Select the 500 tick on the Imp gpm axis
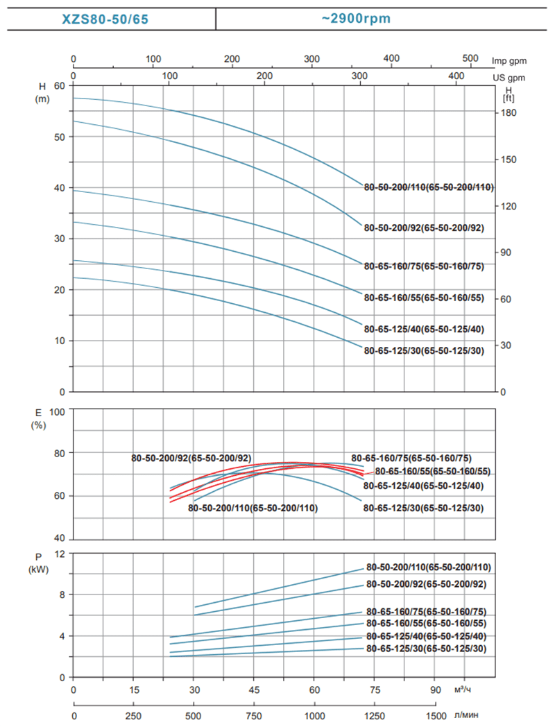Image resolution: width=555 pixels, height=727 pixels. tap(470, 58)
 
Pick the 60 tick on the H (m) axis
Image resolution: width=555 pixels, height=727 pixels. tap(58, 85)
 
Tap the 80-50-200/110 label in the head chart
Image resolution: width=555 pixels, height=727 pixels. tap(429, 187)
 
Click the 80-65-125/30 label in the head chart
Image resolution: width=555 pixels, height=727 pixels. tap(424, 350)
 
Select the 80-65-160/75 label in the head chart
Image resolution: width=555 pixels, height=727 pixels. tap(424, 266)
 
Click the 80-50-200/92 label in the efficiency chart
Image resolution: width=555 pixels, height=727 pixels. tap(191, 459)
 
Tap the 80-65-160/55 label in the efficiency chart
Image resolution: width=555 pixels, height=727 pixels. tap(433, 472)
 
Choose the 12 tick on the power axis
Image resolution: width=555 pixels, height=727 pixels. tap(60, 554)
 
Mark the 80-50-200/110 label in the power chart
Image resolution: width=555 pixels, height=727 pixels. tap(429, 567)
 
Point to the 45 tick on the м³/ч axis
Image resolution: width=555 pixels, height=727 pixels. tap(255, 691)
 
